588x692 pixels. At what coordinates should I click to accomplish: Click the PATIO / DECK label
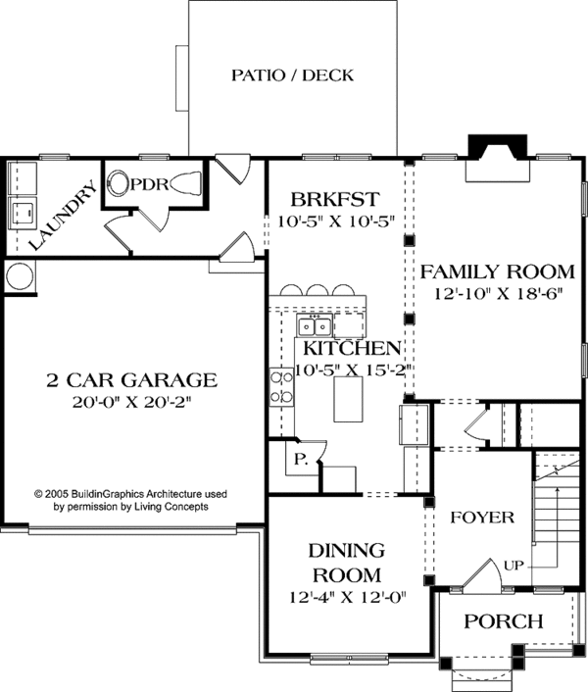coord(292,74)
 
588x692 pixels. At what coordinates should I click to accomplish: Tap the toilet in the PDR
coord(122,183)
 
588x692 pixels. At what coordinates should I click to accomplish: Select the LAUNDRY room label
coord(61,215)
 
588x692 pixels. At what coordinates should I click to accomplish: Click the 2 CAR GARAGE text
coord(130,379)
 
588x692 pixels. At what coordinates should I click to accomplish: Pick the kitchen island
coord(348,400)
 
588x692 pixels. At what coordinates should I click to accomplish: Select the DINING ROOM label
coord(347,562)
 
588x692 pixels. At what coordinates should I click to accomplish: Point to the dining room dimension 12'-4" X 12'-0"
coord(347,595)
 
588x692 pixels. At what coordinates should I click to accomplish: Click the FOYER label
coord(480,518)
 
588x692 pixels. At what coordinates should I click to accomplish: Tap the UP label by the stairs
coord(514,566)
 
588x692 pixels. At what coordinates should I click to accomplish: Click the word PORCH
coord(503,620)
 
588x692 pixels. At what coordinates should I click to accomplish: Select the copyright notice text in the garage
coord(130,502)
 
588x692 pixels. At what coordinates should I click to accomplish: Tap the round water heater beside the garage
coord(19,276)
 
